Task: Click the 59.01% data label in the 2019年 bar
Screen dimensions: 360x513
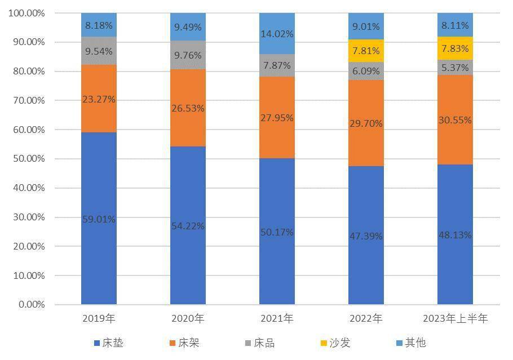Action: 99,219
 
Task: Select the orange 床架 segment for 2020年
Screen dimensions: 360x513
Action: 188,108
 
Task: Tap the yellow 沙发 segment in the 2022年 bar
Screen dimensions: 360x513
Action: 366,51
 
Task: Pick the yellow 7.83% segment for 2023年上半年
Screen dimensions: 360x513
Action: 455,48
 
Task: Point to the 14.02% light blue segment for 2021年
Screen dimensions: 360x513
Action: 277,33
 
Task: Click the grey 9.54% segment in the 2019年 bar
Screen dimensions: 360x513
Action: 99,51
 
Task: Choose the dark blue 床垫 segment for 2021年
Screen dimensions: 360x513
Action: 277,232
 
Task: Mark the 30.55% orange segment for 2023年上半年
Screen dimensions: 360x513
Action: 455,120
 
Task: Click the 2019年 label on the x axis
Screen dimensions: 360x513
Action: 99,319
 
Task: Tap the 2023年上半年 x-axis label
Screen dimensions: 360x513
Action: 455,319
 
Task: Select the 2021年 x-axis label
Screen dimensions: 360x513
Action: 277,319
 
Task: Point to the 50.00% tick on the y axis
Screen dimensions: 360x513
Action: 26,159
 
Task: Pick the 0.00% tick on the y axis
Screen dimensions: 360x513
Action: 29,305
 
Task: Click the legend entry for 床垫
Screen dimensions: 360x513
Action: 109,343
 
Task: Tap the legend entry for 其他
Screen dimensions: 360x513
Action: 411,343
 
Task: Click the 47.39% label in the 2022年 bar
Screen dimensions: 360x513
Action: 366,236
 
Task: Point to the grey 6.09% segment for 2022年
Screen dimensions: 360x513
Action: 366,72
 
